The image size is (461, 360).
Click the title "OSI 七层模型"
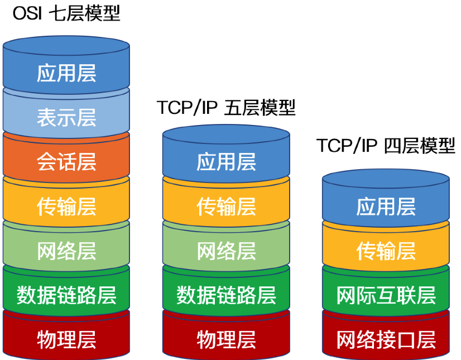coord(66,13)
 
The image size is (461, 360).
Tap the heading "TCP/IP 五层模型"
coord(226,107)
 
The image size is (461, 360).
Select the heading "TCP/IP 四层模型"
coord(386,145)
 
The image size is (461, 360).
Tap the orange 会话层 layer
coord(66,159)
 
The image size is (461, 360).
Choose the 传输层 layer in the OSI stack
coord(66,204)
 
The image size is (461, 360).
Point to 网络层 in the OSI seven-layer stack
coord(66,248)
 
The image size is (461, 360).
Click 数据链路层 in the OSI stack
coord(66,292)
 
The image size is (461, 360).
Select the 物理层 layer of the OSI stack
coord(66,337)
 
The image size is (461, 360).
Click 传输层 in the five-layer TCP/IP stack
coord(226,204)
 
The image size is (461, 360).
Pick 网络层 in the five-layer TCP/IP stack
coord(226,248)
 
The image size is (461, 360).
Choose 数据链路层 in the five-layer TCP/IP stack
coord(226,292)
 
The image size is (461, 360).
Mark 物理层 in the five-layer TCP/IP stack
coord(226,337)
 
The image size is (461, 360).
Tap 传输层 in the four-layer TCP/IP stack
coord(386,248)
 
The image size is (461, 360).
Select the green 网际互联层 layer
coord(386,292)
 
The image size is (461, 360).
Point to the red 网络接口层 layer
coord(386,337)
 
